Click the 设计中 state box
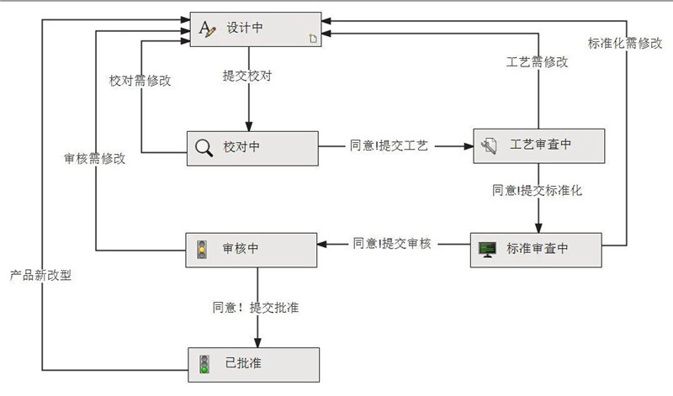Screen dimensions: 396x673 [x=255, y=29]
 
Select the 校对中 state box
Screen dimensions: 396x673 [x=252, y=147]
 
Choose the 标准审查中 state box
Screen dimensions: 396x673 [x=535, y=248]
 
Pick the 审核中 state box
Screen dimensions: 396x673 [x=252, y=249]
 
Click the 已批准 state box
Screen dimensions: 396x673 [x=252, y=364]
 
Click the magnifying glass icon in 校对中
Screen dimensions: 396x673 [x=204, y=148]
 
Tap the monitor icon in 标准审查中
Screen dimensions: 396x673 [x=487, y=249]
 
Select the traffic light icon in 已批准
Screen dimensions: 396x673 [x=203, y=364]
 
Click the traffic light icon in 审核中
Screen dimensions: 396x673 [x=202, y=249]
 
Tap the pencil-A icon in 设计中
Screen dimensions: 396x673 [x=207, y=29]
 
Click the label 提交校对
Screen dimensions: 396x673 [x=246, y=76]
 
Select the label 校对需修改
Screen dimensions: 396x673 [x=140, y=81]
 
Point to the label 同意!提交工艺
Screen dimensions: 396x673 [x=389, y=145]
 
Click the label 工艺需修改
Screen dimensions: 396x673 [x=536, y=62]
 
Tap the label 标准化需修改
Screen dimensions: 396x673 [x=624, y=43]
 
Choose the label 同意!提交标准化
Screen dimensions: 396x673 [x=538, y=190]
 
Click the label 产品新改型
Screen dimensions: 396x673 [x=40, y=275]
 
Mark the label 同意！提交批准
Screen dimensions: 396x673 [x=256, y=307]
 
